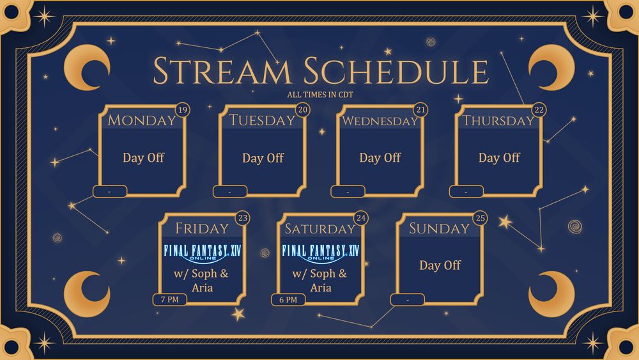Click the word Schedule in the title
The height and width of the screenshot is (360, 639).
click(x=396, y=70)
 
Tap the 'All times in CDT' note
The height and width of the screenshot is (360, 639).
click(x=320, y=95)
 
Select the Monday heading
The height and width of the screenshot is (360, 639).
click(x=141, y=120)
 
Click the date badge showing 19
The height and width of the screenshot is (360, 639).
click(x=183, y=110)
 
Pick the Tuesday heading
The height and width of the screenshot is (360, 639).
click(x=261, y=120)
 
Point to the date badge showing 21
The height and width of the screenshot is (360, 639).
click(x=420, y=110)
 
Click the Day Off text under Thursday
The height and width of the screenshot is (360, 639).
click(x=499, y=158)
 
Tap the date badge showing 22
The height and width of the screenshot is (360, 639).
click(x=539, y=110)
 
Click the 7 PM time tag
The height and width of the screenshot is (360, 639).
click(x=170, y=300)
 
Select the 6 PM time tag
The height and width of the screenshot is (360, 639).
click(x=288, y=300)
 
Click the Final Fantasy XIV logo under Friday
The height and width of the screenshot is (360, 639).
click(x=202, y=253)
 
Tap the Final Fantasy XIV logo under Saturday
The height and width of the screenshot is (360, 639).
click(x=321, y=253)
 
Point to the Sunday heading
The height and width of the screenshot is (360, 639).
click(x=440, y=228)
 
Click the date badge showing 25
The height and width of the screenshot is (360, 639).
click(x=481, y=218)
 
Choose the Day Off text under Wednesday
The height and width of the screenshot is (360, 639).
click(x=380, y=158)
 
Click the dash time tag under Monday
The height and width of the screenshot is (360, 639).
click(x=110, y=191)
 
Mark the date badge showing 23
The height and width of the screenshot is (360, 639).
click(x=242, y=218)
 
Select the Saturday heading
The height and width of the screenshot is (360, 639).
click(x=320, y=229)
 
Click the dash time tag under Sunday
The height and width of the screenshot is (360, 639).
click(x=408, y=300)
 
